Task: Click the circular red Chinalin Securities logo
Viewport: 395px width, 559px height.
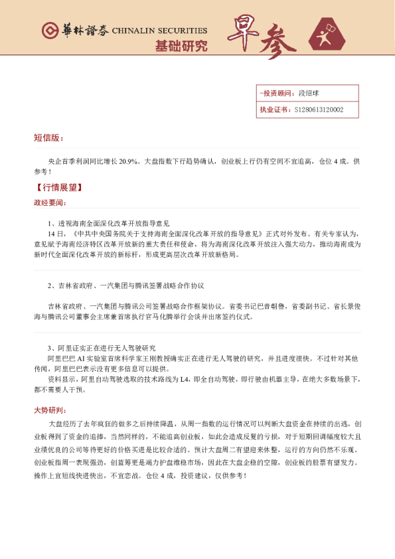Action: coord(50,31)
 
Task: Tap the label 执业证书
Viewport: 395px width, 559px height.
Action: coord(274,110)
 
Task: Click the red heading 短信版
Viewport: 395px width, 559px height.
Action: coord(48,137)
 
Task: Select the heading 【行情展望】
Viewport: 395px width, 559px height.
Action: coord(59,187)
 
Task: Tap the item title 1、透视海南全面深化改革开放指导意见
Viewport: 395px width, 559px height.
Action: coord(108,223)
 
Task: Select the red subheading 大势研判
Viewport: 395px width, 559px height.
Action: coord(50,409)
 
